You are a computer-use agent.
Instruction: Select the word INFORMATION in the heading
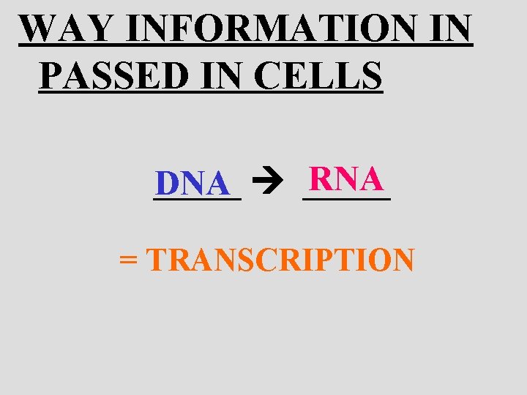pyautogui.click(x=271, y=29)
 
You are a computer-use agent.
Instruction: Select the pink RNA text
pyautogui.click(x=345, y=178)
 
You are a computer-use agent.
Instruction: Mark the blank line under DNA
pyautogui.click(x=197, y=197)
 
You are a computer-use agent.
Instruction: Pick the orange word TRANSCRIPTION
pyautogui.click(x=281, y=260)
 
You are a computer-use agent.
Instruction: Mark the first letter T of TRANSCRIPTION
pyautogui.click(x=157, y=260)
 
